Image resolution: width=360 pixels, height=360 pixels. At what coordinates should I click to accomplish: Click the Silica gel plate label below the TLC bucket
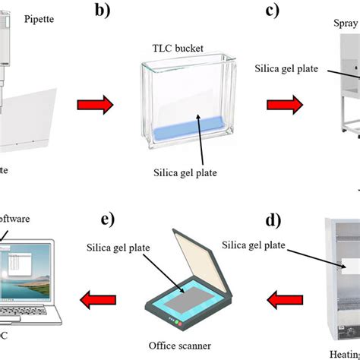point(185,172)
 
